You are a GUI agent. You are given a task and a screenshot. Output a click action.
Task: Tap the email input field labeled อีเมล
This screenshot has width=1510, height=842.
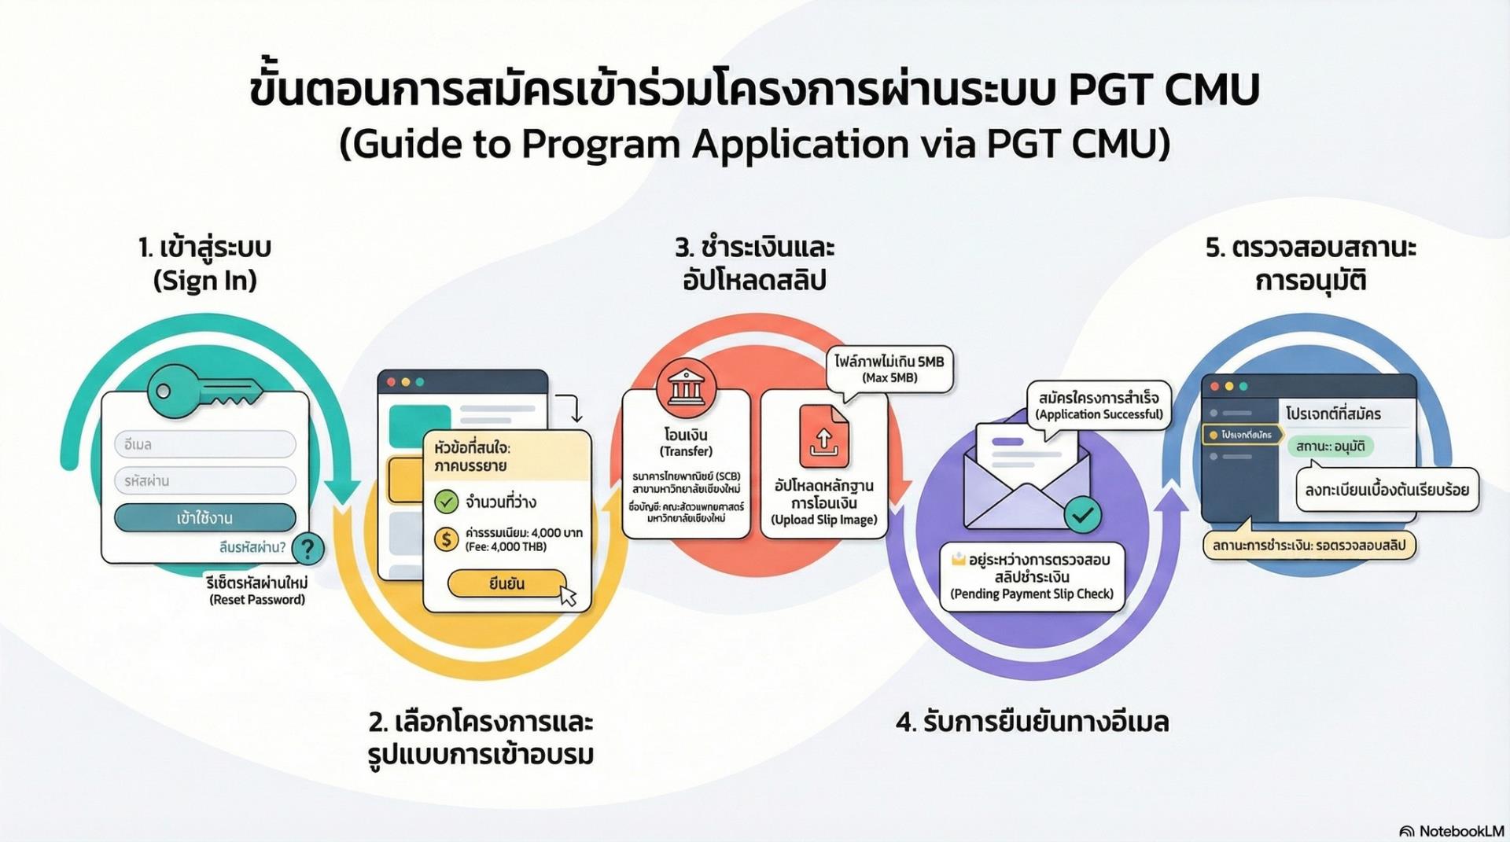click(205, 444)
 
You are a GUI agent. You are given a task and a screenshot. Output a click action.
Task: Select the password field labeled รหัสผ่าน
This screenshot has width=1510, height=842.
click(205, 480)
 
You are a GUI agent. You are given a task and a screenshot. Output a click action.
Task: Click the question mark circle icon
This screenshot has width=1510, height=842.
click(308, 548)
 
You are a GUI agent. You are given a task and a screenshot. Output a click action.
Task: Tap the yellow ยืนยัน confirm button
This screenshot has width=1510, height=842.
click(506, 583)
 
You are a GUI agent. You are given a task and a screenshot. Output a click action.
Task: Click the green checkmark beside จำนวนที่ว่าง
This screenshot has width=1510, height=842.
click(447, 501)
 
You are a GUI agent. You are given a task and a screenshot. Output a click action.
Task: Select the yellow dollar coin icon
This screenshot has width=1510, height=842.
click(447, 539)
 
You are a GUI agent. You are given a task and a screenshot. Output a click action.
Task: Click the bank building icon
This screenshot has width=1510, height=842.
click(686, 387)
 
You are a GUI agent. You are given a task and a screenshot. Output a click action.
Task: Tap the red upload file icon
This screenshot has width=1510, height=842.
click(823, 436)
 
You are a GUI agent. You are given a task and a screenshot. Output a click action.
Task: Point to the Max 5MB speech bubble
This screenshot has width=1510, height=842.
click(889, 369)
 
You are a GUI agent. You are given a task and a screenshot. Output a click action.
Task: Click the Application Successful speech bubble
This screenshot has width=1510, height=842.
click(1099, 406)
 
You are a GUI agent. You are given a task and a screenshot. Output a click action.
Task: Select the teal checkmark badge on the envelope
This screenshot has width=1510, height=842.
click(1083, 515)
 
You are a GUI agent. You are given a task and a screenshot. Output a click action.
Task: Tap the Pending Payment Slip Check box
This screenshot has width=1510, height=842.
click(1032, 576)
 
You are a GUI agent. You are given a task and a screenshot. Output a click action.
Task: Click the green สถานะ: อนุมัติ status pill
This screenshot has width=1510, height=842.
click(1330, 447)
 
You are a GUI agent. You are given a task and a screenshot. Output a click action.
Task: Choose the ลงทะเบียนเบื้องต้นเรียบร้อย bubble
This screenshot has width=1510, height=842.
click(1387, 490)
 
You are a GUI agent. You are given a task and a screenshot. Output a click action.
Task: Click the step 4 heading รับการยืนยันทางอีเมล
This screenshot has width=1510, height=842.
click(1032, 722)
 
